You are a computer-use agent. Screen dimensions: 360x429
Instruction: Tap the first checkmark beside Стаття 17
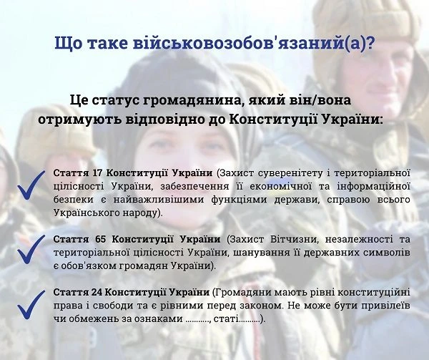[31, 187]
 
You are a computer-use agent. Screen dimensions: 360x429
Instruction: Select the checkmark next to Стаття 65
[31, 248]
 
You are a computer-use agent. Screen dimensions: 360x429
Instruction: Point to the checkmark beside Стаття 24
[31, 305]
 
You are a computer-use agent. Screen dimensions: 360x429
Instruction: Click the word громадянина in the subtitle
[214, 99]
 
